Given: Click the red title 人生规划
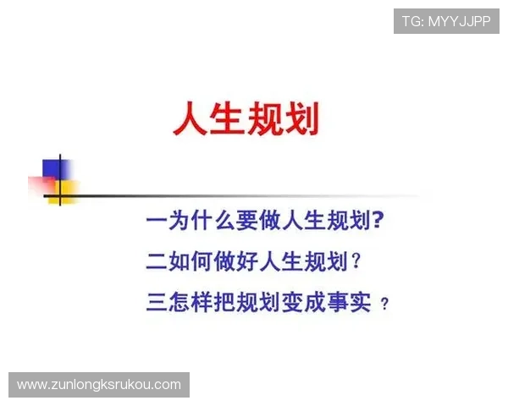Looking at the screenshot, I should (x=246, y=119).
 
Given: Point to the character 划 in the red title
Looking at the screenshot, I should (x=303, y=119).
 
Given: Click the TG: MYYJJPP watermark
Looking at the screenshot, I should (x=446, y=21).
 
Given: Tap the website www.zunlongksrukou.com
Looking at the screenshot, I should (x=98, y=385).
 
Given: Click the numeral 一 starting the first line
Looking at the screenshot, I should (x=156, y=222).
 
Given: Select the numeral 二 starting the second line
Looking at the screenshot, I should (x=156, y=262).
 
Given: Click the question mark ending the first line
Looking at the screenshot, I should (x=378, y=222).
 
